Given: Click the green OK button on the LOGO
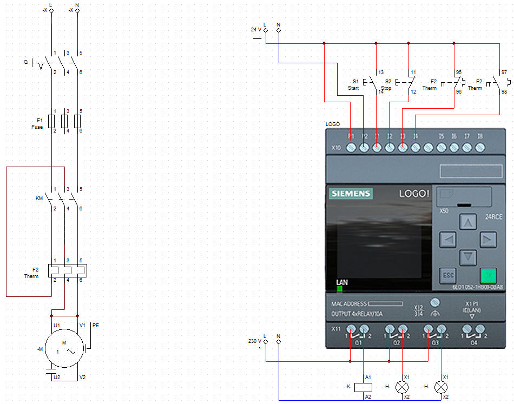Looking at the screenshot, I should pyautogui.click(x=487, y=275).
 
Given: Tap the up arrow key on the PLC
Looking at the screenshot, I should pyautogui.click(x=468, y=222).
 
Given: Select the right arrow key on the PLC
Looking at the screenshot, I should pyautogui.click(x=487, y=239).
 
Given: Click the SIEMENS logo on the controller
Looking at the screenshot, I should pyautogui.click(x=351, y=194).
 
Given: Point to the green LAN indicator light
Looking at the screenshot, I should pyautogui.click(x=340, y=289).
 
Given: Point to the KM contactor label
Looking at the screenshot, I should pyautogui.click(x=39, y=198).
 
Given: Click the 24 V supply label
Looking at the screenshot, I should pyautogui.click(x=256, y=30).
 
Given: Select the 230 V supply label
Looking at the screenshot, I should pyautogui.click(x=255, y=341).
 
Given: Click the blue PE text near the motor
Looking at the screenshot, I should pyautogui.click(x=96, y=326).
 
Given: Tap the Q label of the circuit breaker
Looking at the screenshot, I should pyautogui.click(x=25, y=62).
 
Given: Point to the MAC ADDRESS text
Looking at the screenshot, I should pyautogui.click(x=348, y=304).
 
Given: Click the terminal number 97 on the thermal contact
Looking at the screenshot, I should pyautogui.click(x=504, y=72).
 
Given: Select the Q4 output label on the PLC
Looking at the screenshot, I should pyautogui.click(x=474, y=343).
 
